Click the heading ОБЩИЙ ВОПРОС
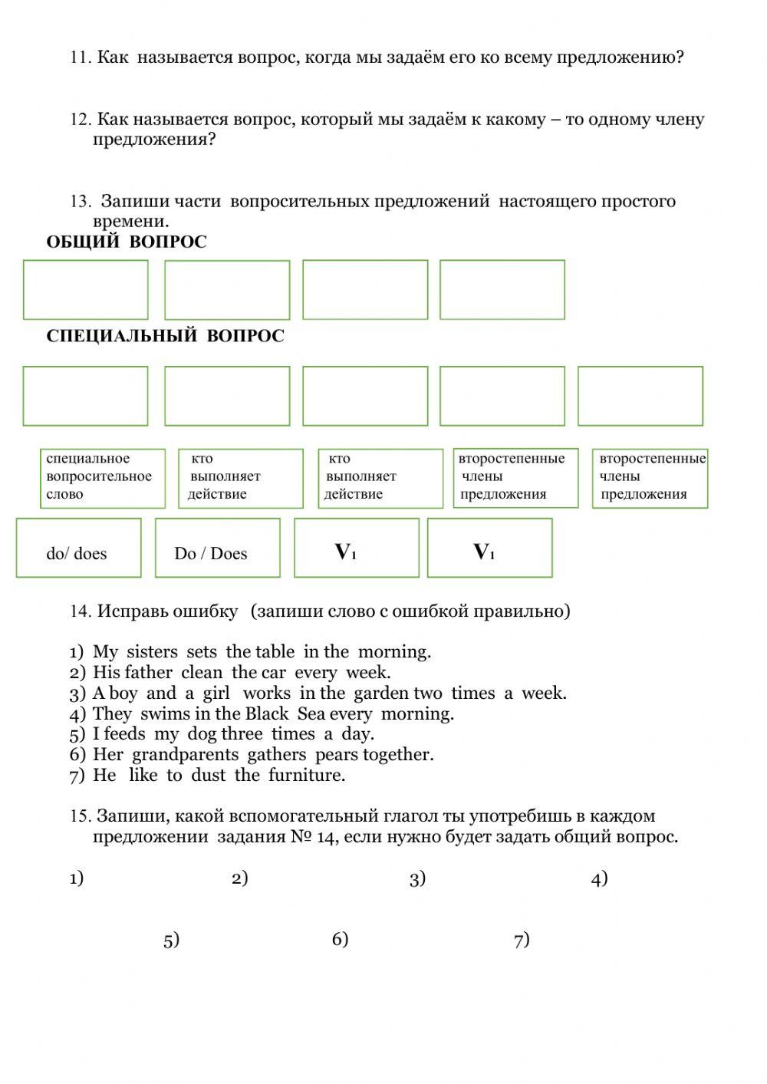point(127,242)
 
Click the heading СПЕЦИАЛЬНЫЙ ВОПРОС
point(165,336)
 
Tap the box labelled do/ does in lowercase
point(78,549)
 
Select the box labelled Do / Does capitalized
point(218,549)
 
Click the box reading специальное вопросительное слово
point(102,478)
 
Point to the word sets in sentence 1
point(202,652)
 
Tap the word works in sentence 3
point(267,694)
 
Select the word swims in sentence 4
point(164,714)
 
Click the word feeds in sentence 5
point(124,734)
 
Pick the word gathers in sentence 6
point(276,755)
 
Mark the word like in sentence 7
point(143,776)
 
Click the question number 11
point(80,58)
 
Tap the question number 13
point(80,202)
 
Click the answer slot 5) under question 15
point(171,941)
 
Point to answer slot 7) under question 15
point(522,941)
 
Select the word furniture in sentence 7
point(307,776)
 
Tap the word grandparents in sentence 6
point(185,755)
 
